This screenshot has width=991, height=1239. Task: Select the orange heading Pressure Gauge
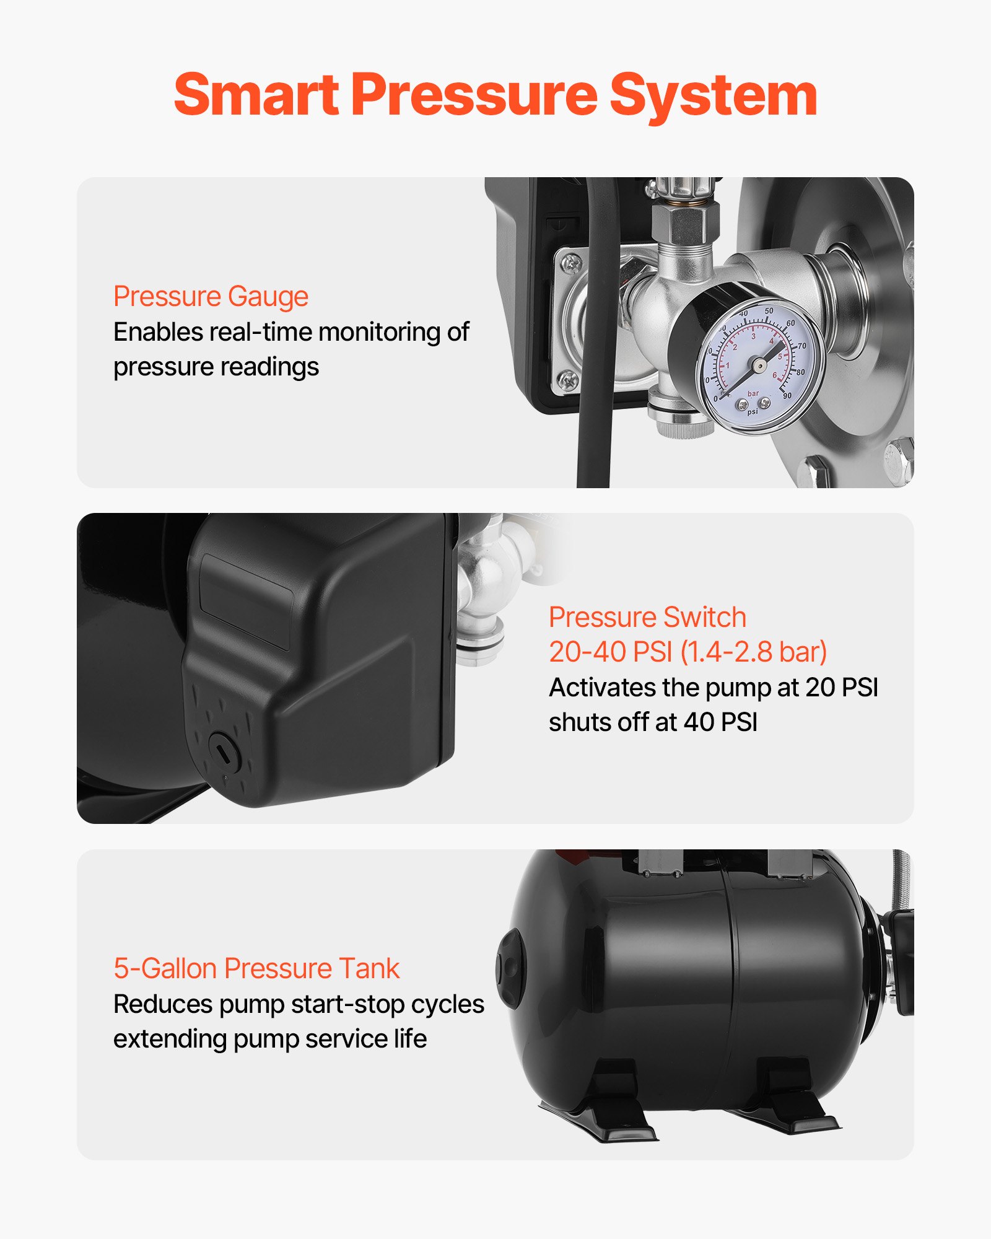pyautogui.click(x=211, y=296)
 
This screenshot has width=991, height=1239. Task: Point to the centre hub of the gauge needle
pyautogui.click(x=757, y=365)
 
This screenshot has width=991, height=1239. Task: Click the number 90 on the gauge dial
pyautogui.click(x=787, y=395)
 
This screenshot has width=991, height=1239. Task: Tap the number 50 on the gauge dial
pyautogui.click(x=769, y=311)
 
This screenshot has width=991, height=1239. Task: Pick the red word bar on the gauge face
pyautogui.click(x=753, y=393)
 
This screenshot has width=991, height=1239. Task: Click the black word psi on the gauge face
pyautogui.click(x=753, y=412)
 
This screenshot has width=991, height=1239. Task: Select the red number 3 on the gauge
pyautogui.click(x=753, y=337)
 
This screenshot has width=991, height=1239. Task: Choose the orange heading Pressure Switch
pyautogui.click(x=647, y=617)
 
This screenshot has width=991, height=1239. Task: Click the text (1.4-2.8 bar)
pyautogui.click(x=753, y=652)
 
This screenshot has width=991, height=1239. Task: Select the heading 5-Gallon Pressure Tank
pyautogui.click(x=256, y=968)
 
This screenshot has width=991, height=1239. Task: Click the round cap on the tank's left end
pyautogui.click(x=509, y=968)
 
